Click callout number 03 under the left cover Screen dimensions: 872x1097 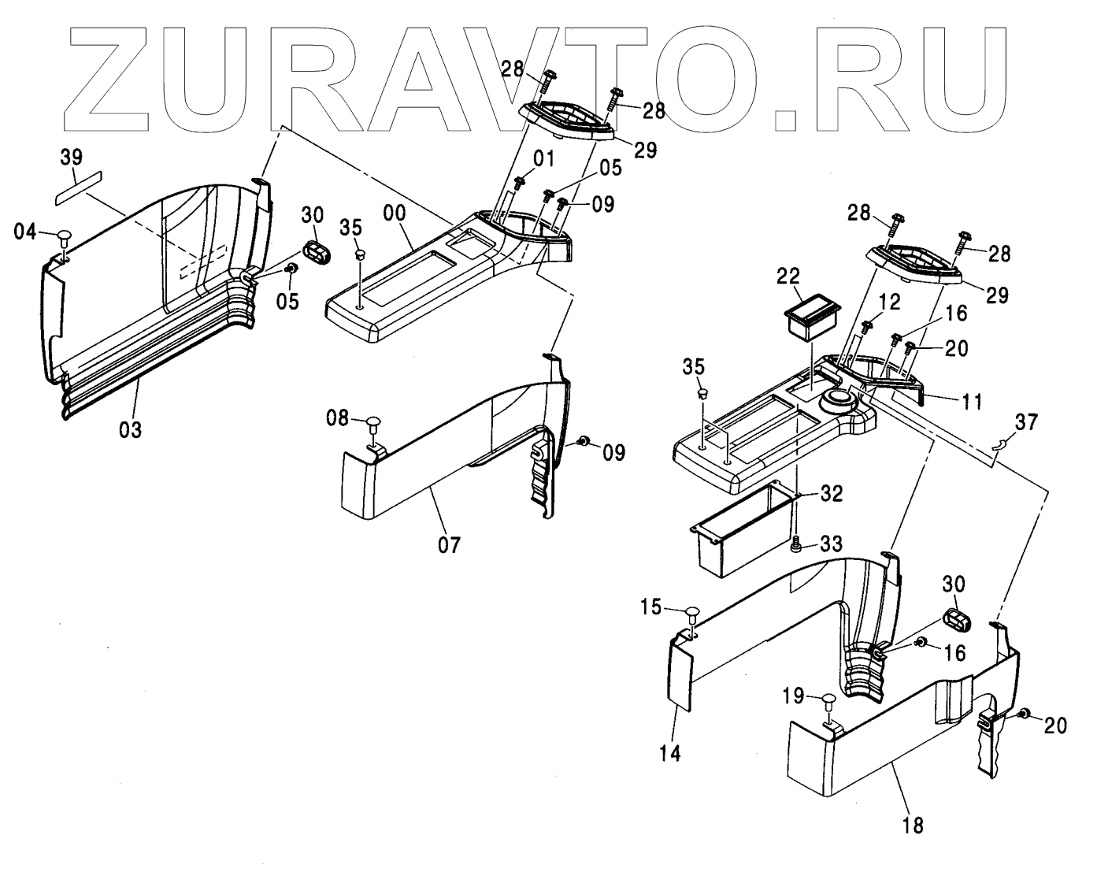(131, 430)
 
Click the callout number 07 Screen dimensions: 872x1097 (449, 544)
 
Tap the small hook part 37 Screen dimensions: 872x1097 (998, 446)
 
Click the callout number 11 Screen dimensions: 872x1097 (973, 402)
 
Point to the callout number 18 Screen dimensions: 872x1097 (914, 825)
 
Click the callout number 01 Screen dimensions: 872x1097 (544, 159)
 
